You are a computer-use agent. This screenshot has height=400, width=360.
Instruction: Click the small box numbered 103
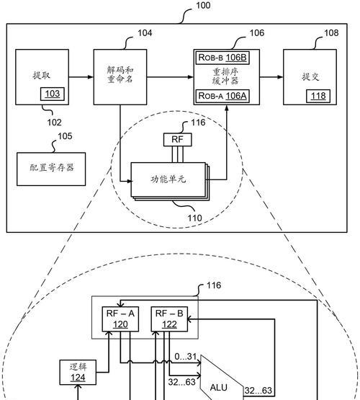click(53, 94)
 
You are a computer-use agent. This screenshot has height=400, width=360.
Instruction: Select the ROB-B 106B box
click(222, 58)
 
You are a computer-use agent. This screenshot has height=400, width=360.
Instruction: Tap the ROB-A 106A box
click(222, 96)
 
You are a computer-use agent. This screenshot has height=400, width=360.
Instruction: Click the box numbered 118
click(318, 96)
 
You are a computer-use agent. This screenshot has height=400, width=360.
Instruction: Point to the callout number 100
click(203, 5)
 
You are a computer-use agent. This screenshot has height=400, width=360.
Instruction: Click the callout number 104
click(145, 33)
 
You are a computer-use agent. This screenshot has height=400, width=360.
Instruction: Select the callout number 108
click(331, 33)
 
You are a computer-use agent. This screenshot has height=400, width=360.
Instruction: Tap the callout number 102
click(54, 123)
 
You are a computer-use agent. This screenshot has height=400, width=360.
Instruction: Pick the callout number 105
click(65, 136)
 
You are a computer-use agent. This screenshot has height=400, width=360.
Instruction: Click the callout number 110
click(194, 218)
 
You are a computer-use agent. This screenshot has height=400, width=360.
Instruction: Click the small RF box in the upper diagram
click(177, 140)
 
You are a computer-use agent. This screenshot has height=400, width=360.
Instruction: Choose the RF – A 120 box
click(120, 319)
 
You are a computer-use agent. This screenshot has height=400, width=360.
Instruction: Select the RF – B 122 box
click(169, 319)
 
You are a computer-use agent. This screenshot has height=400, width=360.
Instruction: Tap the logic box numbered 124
click(78, 373)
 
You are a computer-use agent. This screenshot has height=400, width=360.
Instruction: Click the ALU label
click(219, 388)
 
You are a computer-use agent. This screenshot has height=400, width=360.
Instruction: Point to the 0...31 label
click(186, 356)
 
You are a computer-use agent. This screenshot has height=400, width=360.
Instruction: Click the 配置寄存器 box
click(51, 169)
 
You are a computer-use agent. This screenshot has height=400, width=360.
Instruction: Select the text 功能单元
click(168, 179)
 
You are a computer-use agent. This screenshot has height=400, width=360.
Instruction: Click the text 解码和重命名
click(120, 75)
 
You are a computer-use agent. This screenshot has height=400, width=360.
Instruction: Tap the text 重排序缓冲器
click(225, 76)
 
